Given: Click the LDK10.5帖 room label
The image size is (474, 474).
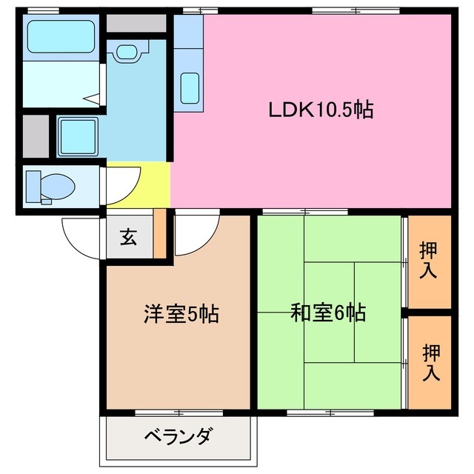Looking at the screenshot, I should pos(320,111).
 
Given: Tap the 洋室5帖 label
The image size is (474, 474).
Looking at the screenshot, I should pos(181,314).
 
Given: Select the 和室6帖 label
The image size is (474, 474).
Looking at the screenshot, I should pos(328,314).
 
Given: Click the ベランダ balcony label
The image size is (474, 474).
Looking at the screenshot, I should pos(178,435).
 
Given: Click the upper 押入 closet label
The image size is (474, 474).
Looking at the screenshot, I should pos(428,260).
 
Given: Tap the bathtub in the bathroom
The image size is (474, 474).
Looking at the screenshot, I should pos(61,36).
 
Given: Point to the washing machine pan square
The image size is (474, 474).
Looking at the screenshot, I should pos(77,136).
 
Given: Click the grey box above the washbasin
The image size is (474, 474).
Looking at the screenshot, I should pos(136,22).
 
